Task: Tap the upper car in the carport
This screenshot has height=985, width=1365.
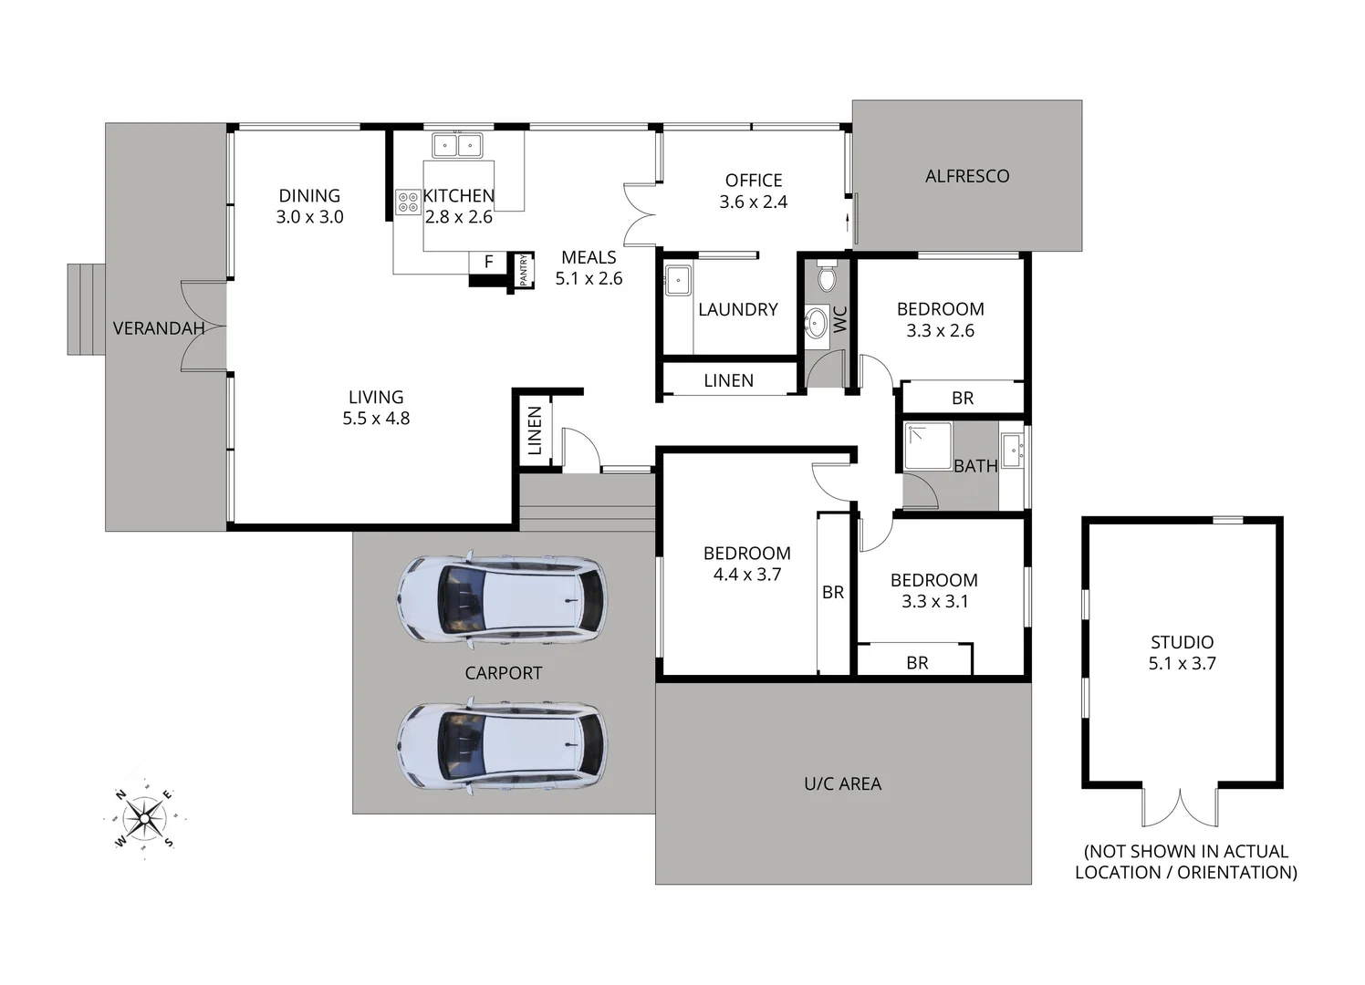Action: [500, 600]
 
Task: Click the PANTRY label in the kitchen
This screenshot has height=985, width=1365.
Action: [524, 271]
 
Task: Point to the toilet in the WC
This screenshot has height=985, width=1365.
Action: [827, 275]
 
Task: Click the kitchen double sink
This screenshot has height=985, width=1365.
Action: [457, 145]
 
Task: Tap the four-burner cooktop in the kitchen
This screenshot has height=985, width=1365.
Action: [408, 202]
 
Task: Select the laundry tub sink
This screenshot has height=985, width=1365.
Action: [678, 280]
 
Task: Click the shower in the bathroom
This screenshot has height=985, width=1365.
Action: [927, 445]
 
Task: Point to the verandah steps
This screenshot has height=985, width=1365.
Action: [87, 309]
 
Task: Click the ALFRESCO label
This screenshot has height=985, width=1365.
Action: [967, 176]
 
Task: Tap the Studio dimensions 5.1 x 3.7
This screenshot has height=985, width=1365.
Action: [1182, 664]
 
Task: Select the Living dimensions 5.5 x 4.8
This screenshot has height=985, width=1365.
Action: [376, 419]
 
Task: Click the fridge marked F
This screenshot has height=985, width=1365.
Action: [488, 262]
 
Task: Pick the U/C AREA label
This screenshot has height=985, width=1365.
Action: [842, 783]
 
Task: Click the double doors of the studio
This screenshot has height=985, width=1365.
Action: [1180, 806]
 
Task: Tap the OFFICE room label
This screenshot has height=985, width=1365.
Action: [754, 181]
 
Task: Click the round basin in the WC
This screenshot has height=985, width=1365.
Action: [816, 322]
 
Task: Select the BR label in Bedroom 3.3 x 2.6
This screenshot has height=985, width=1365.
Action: [963, 398]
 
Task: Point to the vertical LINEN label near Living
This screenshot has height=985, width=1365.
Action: [535, 430]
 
